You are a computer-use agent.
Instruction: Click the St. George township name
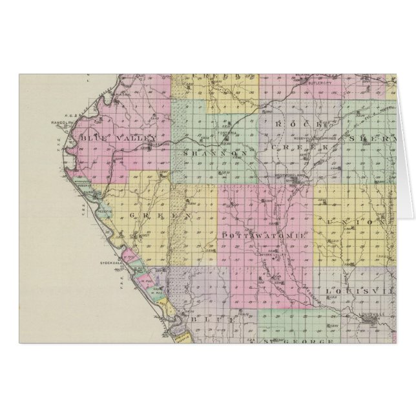pos(301,340)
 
